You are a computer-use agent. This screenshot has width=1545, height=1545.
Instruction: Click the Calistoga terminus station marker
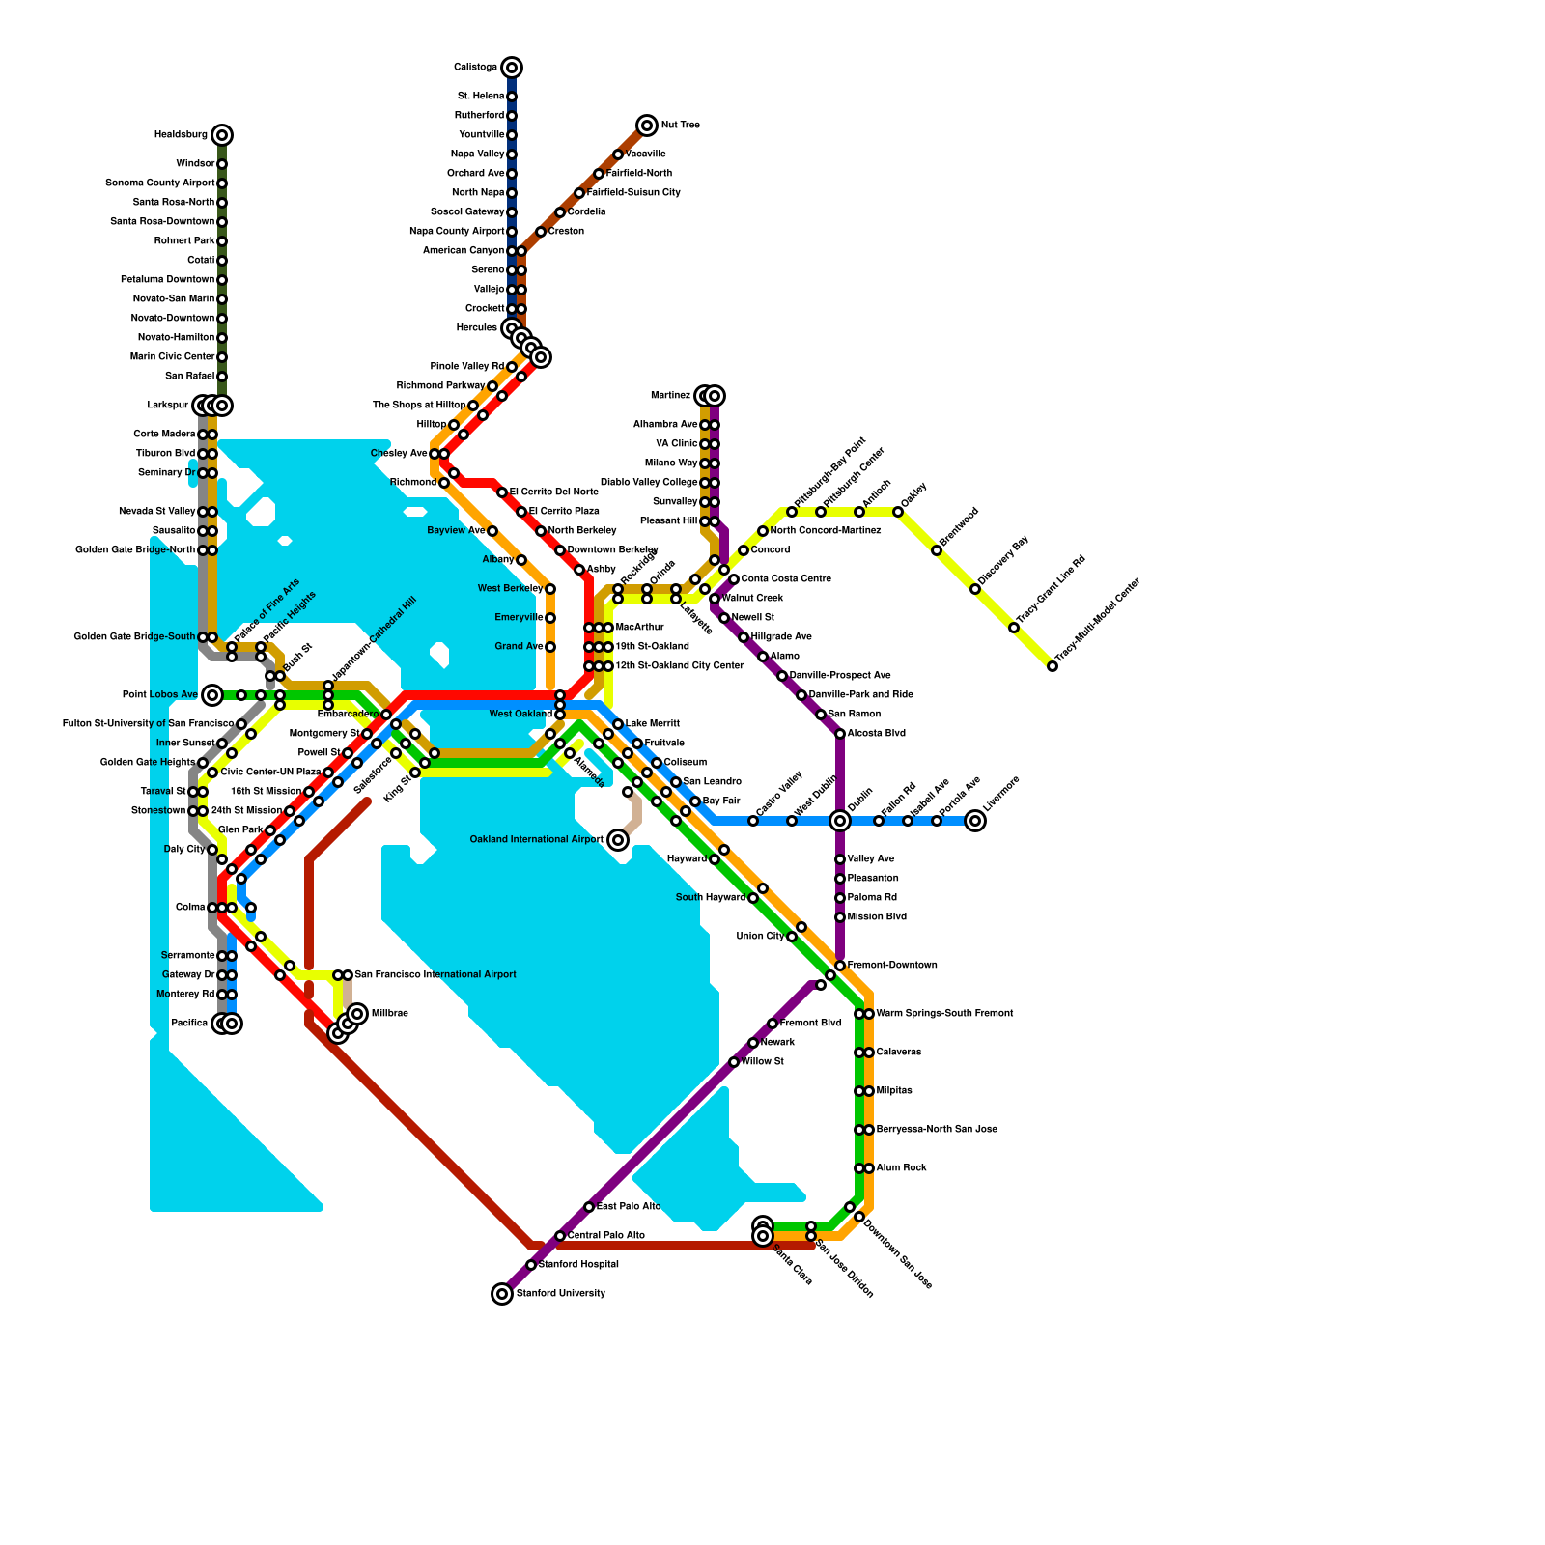click(x=512, y=68)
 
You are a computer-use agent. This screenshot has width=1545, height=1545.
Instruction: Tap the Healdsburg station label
click(x=181, y=135)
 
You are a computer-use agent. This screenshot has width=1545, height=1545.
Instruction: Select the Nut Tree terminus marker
click(x=647, y=126)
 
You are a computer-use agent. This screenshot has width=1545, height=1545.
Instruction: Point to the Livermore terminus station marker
click(x=975, y=821)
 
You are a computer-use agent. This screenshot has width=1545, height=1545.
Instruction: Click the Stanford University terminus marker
click(x=502, y=1294)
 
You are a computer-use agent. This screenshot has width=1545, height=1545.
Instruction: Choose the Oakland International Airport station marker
click(x=618, y=840)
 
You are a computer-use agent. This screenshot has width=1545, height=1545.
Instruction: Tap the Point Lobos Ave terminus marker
click(x=212, y=695)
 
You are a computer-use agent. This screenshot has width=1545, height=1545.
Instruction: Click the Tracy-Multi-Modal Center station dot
click(x=1053, y=666)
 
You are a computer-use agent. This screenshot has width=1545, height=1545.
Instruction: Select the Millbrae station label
click(x=389, y=1014)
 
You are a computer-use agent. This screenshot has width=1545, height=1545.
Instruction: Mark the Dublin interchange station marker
click(x=840, y=821)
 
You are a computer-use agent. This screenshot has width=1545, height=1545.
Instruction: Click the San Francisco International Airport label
click(x=435, y=975)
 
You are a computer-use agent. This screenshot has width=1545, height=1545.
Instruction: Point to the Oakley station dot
click(x=898, y=512)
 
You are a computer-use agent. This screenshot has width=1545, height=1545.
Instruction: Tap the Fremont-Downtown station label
click(x=892, y=966)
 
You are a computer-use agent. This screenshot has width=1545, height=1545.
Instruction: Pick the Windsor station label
click(x=195, y=164)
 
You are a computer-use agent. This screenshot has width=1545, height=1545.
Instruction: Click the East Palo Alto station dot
click(x=589, y=1207)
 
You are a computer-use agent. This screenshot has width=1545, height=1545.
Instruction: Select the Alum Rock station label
click(x=901, y=1168)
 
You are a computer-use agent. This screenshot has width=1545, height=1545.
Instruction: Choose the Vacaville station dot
click(x=618, y=154)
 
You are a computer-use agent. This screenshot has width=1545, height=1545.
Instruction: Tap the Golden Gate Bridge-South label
click(x=134, y=637)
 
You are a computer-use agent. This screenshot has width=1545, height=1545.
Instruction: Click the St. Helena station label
click(x=481, y=97)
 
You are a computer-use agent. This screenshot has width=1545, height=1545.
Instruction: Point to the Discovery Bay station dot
click(x=975, y=589)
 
